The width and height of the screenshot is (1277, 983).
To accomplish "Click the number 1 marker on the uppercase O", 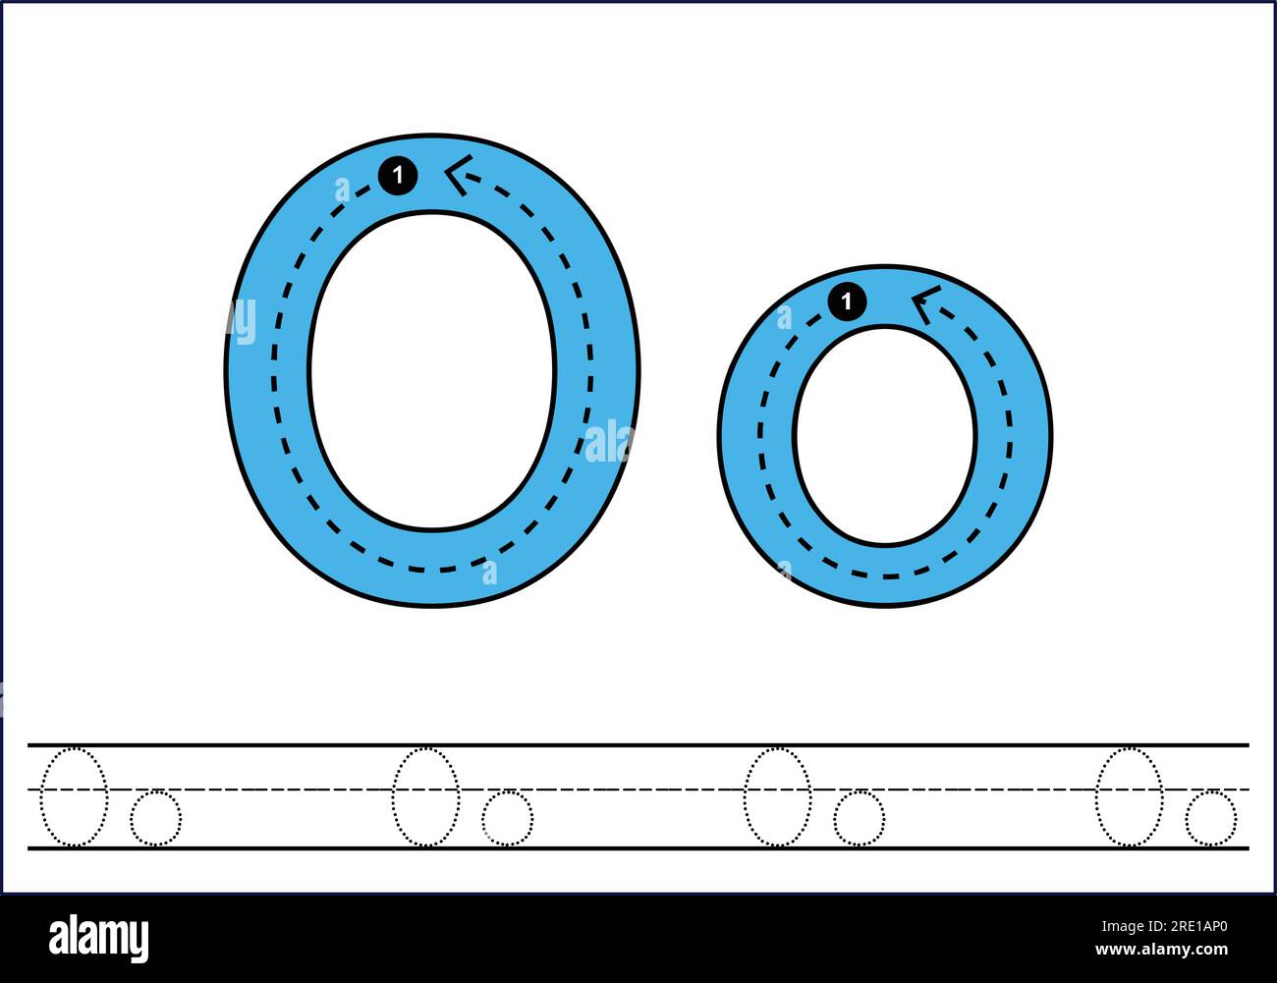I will [x=398, y=177].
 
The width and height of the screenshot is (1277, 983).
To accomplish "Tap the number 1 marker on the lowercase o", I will [x=847, y=301].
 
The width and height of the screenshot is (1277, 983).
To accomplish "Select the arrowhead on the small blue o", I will [x=922, y=304].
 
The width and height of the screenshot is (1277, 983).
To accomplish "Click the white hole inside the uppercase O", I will [x=432, y=371].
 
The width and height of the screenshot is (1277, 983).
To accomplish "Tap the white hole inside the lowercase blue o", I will [x=885, y=435].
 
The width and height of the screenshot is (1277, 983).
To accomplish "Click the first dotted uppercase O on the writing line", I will [x=74, y=796].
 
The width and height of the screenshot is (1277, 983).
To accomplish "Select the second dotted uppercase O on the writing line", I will [x=425, y=796].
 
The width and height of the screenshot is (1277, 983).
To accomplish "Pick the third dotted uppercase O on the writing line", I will [x=777, y=796].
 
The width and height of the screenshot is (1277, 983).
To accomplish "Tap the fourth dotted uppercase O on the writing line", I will [x=1129, y=796].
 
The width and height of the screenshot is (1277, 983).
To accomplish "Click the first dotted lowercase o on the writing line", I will [x=156, y=817].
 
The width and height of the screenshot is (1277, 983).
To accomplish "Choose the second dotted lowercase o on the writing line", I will [x=508, y=817].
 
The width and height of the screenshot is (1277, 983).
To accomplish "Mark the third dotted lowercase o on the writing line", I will [x=859, y=817].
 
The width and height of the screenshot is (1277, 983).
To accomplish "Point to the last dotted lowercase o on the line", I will [x=1210, y=817].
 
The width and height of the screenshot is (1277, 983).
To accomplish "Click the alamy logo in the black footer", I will [x=98, y=938].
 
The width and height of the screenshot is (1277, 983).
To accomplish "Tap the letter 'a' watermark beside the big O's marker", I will [x=342, y=190].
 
